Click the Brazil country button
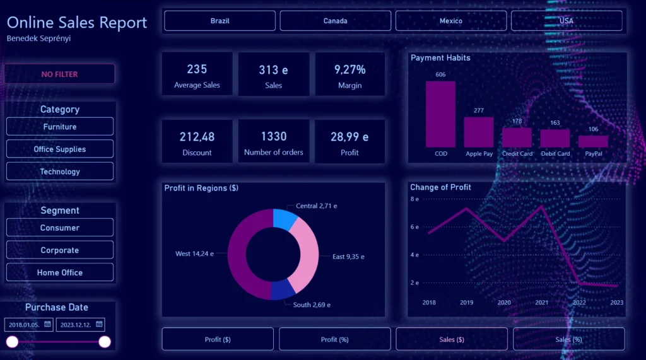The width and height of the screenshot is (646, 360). (220, 21)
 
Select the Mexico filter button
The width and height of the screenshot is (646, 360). (450, 21)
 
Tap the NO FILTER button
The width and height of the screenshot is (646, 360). (60, 74)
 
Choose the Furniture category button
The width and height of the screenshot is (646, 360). (60, 127)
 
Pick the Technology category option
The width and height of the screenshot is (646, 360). (60, 171)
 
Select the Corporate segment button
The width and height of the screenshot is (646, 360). (60, 250)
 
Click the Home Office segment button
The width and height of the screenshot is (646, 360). (60, 272)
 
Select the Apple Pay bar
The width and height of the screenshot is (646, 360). (479, 132)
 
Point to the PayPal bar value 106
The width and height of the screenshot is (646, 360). (593, 129)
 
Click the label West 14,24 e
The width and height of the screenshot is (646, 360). (194, 253)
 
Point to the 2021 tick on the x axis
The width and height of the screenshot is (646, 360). (542, 303)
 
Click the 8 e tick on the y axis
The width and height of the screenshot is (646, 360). (414, 199)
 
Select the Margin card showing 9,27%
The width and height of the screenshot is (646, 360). (349, 74)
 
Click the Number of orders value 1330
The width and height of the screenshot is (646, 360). (273, 137)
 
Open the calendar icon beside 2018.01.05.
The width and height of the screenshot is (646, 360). (47, 325)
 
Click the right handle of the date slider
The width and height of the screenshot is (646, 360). (105, 342)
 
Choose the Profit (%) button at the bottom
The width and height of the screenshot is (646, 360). (334, 339)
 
